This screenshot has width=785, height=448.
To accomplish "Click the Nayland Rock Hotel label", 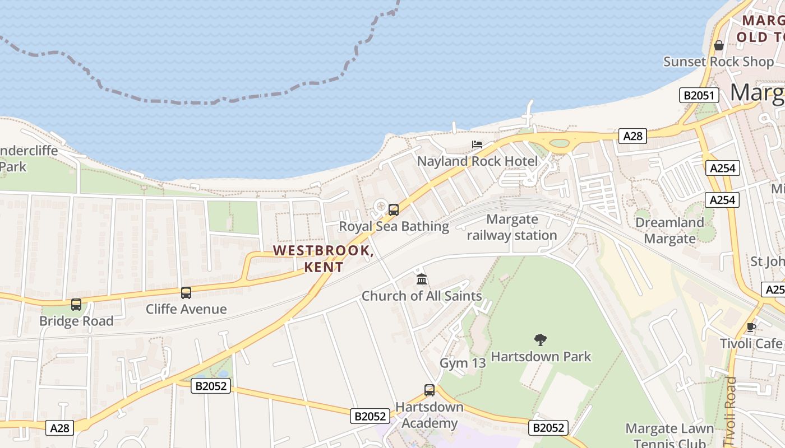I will [477, 161].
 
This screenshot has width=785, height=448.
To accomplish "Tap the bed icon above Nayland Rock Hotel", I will [477, 144].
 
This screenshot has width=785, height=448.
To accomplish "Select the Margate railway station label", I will [512, 227].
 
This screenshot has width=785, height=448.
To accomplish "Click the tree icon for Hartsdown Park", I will [541, 339].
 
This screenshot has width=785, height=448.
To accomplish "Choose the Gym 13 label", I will [463, 363].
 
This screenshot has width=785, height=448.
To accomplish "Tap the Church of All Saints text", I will [422, 296].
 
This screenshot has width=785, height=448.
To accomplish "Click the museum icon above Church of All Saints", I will [422, 279].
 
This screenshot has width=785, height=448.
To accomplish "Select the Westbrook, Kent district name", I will [324, 258].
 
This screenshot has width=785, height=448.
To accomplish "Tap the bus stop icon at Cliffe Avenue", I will [186, 292].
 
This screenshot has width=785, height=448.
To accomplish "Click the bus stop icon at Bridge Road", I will [76, 305].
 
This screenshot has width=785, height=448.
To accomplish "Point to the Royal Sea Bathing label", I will [394, 226].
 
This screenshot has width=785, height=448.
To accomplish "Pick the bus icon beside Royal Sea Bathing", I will [394, 210].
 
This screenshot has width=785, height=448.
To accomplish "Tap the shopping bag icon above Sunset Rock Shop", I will [719, 45].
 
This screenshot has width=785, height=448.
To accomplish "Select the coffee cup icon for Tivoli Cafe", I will [751, 327].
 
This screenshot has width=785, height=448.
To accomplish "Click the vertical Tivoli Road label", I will [732, 409].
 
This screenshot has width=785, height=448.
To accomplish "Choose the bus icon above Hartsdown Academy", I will [430, 390].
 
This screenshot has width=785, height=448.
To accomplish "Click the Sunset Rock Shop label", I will [718, 62].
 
